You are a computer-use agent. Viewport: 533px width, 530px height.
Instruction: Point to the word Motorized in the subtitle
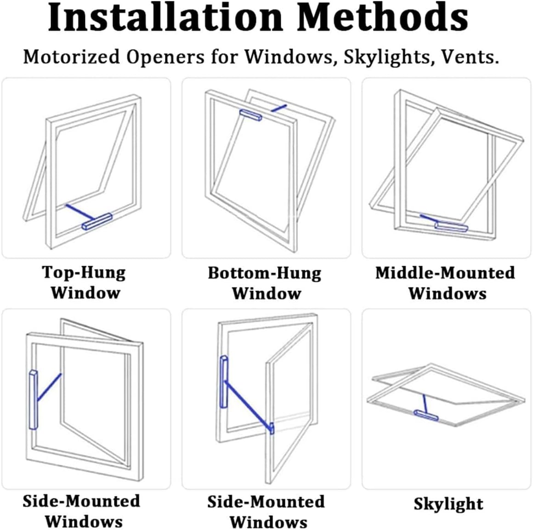[72, 57]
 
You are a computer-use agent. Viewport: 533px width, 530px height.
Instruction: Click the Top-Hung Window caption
[85, 282]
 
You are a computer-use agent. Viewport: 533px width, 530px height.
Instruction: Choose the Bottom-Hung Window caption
[265, 283]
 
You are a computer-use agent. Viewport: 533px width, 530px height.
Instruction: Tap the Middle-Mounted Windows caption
[445, 283]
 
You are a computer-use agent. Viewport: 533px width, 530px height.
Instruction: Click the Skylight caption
[448, 504]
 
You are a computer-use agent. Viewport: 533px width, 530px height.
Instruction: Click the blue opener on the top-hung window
[97, 222]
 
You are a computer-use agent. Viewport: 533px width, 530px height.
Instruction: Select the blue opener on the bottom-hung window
[251, 114]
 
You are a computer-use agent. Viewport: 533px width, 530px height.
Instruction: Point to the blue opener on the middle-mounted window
[451, 226]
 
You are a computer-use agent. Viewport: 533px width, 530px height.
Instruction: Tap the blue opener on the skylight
[426, 415]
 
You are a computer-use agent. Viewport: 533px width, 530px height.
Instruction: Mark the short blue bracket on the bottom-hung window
[278, 108]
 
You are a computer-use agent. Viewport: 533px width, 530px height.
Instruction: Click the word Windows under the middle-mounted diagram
[447, 293]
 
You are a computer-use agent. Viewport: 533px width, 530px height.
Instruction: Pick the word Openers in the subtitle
[165, 57]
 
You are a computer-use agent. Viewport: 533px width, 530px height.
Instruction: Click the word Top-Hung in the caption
[84, 272]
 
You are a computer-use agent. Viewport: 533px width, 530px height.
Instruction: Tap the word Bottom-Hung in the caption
[265, 273]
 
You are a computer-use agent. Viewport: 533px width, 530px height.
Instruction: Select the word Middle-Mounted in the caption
[445, 273]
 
